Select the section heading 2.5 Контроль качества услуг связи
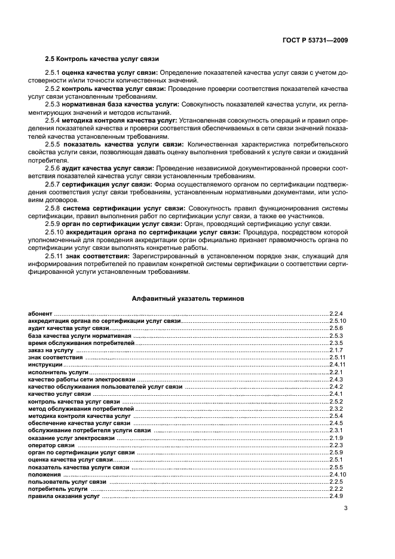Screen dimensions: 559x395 (x=102, y=58)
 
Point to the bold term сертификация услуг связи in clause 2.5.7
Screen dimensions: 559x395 (x=100, y=184)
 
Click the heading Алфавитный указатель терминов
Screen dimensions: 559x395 (x=187, y=297)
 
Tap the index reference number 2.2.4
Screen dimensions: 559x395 (x=336, y=313)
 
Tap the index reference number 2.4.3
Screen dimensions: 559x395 (x=336, y=380)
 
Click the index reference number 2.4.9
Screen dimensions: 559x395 (x=336, y=496)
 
